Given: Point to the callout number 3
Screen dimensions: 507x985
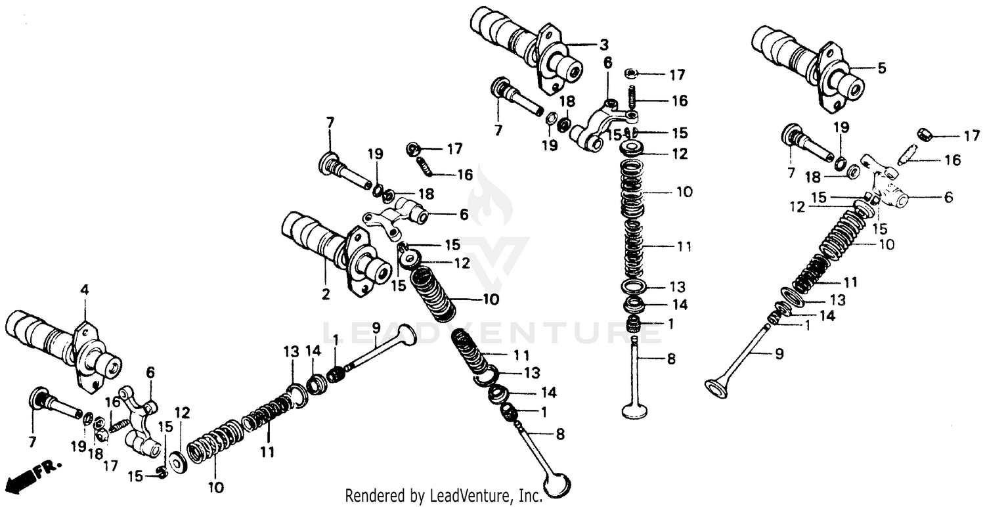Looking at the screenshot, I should coord(603,45).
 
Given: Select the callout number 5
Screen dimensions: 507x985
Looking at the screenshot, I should coord(881,68).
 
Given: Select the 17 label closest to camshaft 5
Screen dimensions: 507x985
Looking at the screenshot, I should coord(971,137).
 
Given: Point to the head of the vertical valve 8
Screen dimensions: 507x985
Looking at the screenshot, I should coord(636,410).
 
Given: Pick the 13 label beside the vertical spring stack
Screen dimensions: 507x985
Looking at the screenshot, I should coord(676,287).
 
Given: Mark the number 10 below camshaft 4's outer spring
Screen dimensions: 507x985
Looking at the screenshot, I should coord(216,487).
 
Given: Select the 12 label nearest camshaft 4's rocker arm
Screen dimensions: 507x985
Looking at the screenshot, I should coord(182,412).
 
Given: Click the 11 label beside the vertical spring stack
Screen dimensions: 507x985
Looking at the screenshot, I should coord(684,246).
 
